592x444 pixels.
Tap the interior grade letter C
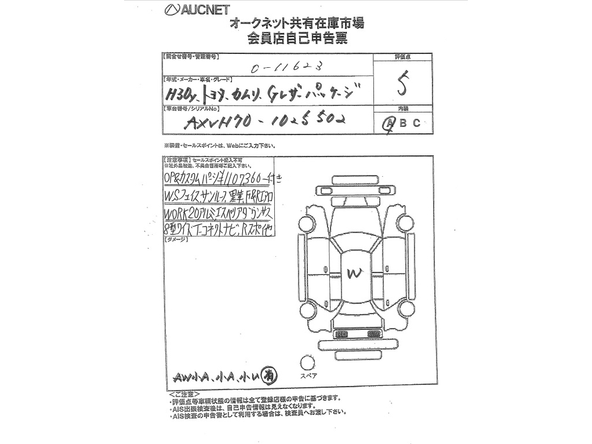click(416, 123)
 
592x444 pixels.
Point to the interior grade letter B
click(403, 123)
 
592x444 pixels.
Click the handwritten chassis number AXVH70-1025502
click(264, 121)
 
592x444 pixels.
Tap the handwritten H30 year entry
click(180, 94)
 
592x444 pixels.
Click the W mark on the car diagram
click(353, 274)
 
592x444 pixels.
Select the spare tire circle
click(307, 363)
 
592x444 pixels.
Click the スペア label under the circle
click(307, 376)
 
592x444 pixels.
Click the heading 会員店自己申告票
click(297, 39)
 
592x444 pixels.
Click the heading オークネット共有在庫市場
click(297, 24)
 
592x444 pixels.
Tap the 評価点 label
click(402, 57)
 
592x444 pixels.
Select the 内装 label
click(402, 109)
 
